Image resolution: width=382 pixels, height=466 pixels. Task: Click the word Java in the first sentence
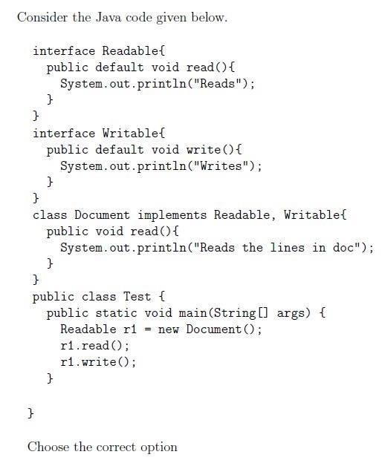pos(109,17)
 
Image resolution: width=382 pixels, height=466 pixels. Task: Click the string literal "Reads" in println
pos(217,83)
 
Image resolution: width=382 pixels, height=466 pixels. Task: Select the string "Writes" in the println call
pos(221,165)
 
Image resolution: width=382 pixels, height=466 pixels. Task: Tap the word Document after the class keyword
pos(102,214)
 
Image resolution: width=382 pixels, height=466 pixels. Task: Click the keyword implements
pos(172,215)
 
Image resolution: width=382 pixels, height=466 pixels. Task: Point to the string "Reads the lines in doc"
pos(280,247)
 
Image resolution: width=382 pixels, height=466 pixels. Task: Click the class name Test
pos(137,296)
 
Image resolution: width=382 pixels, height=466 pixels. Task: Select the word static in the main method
pos(116,312)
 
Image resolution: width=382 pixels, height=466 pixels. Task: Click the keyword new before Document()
pos(168,329)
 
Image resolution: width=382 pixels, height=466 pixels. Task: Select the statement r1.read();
pos(94,346)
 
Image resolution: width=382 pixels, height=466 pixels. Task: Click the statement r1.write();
pos(98,362)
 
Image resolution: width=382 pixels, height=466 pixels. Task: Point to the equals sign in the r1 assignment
pos(147,329)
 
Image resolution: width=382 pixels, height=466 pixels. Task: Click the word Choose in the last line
pos(48,447)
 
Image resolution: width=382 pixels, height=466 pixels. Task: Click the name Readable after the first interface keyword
pos(130,50)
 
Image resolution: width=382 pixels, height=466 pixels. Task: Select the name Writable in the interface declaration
pos(130,133)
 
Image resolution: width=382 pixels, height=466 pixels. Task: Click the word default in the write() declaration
pos(120,149)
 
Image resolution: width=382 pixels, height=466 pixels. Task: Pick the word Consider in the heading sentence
pos(42,17)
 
